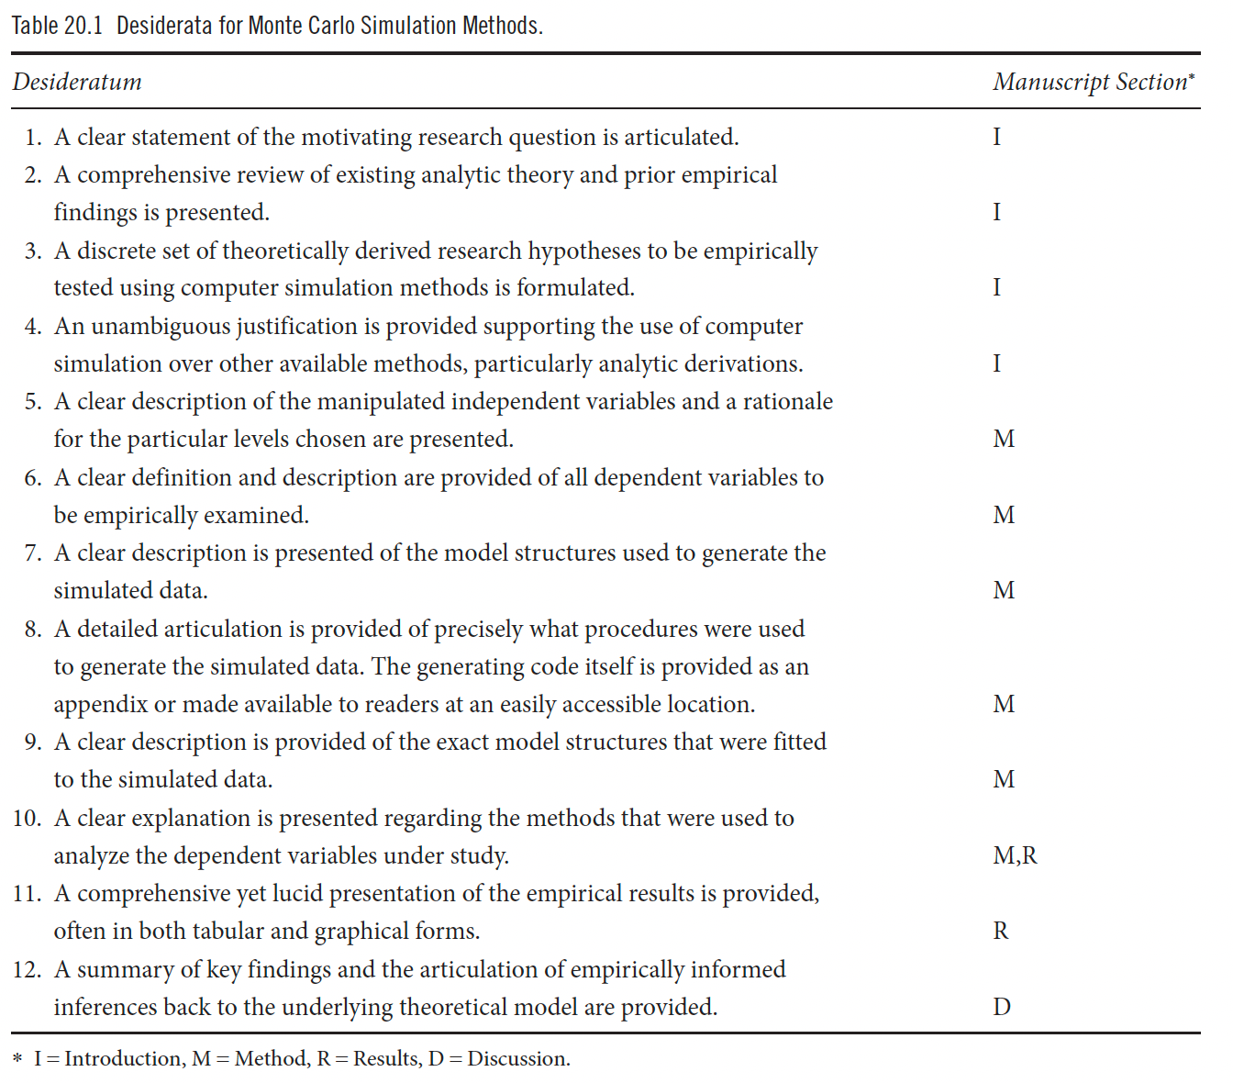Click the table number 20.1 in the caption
coord(83,26)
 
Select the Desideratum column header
coord(77,83)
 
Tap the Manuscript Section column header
coord(1092,83)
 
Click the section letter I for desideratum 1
coord(997,138)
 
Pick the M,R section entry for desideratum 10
coord(1015,856)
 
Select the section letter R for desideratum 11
coord(1001,932)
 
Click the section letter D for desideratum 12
coord(1002,1008)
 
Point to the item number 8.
coord(33,630)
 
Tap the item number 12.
coord(27,970)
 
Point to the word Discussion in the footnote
coord(517,1059)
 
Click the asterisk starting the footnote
coord(17,1061)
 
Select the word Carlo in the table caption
coord(327,26)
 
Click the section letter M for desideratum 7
coord(1004,591)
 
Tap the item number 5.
coord(33,402)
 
